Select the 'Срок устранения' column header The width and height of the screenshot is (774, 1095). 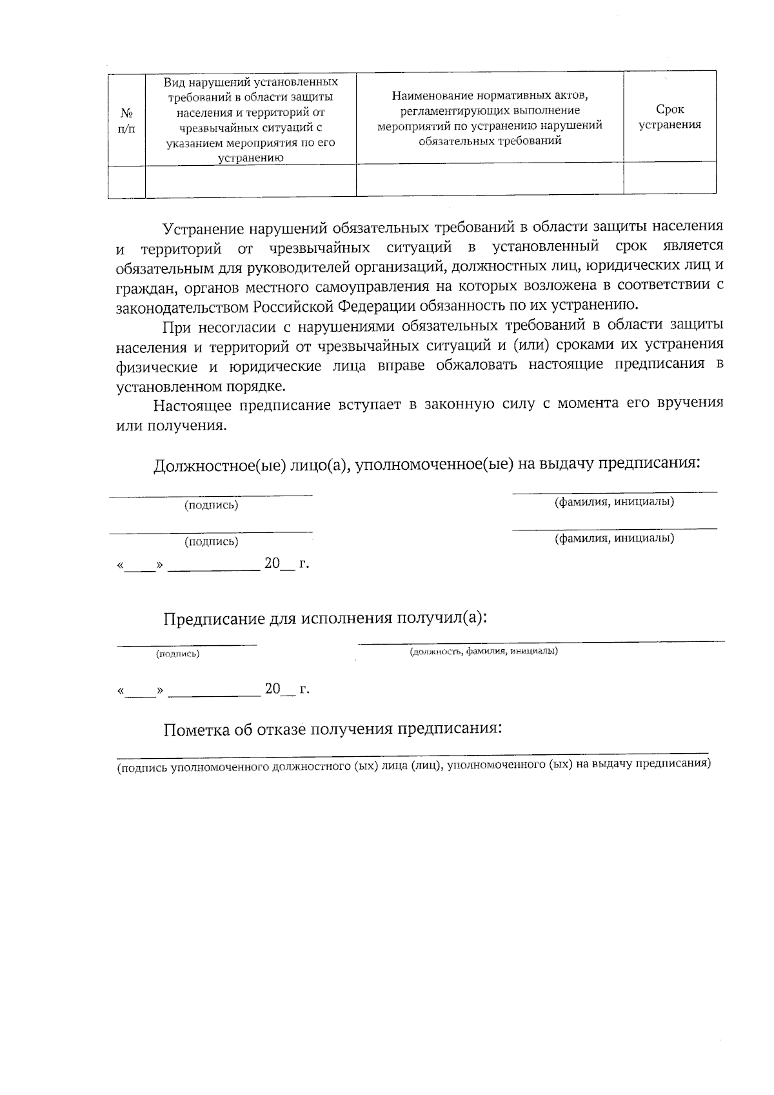click(670, 117)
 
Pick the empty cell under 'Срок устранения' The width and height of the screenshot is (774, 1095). click(670, 178)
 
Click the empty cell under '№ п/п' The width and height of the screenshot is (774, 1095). click(126, 180)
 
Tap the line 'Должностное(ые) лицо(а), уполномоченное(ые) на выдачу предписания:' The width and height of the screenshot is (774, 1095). click(427, 465)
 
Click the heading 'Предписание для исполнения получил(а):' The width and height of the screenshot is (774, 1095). click(324, 618)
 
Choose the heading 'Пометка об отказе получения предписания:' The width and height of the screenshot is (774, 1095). click(332, 729)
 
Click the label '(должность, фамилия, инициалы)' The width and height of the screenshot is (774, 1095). click(484, 651)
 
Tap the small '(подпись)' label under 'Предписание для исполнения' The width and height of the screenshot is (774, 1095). click(177, 654)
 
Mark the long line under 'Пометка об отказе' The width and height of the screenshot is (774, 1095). click(412, 754)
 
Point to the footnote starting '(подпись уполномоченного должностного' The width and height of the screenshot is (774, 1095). click(413, 765)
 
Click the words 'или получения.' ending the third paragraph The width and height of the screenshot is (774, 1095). click(172, 426)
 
